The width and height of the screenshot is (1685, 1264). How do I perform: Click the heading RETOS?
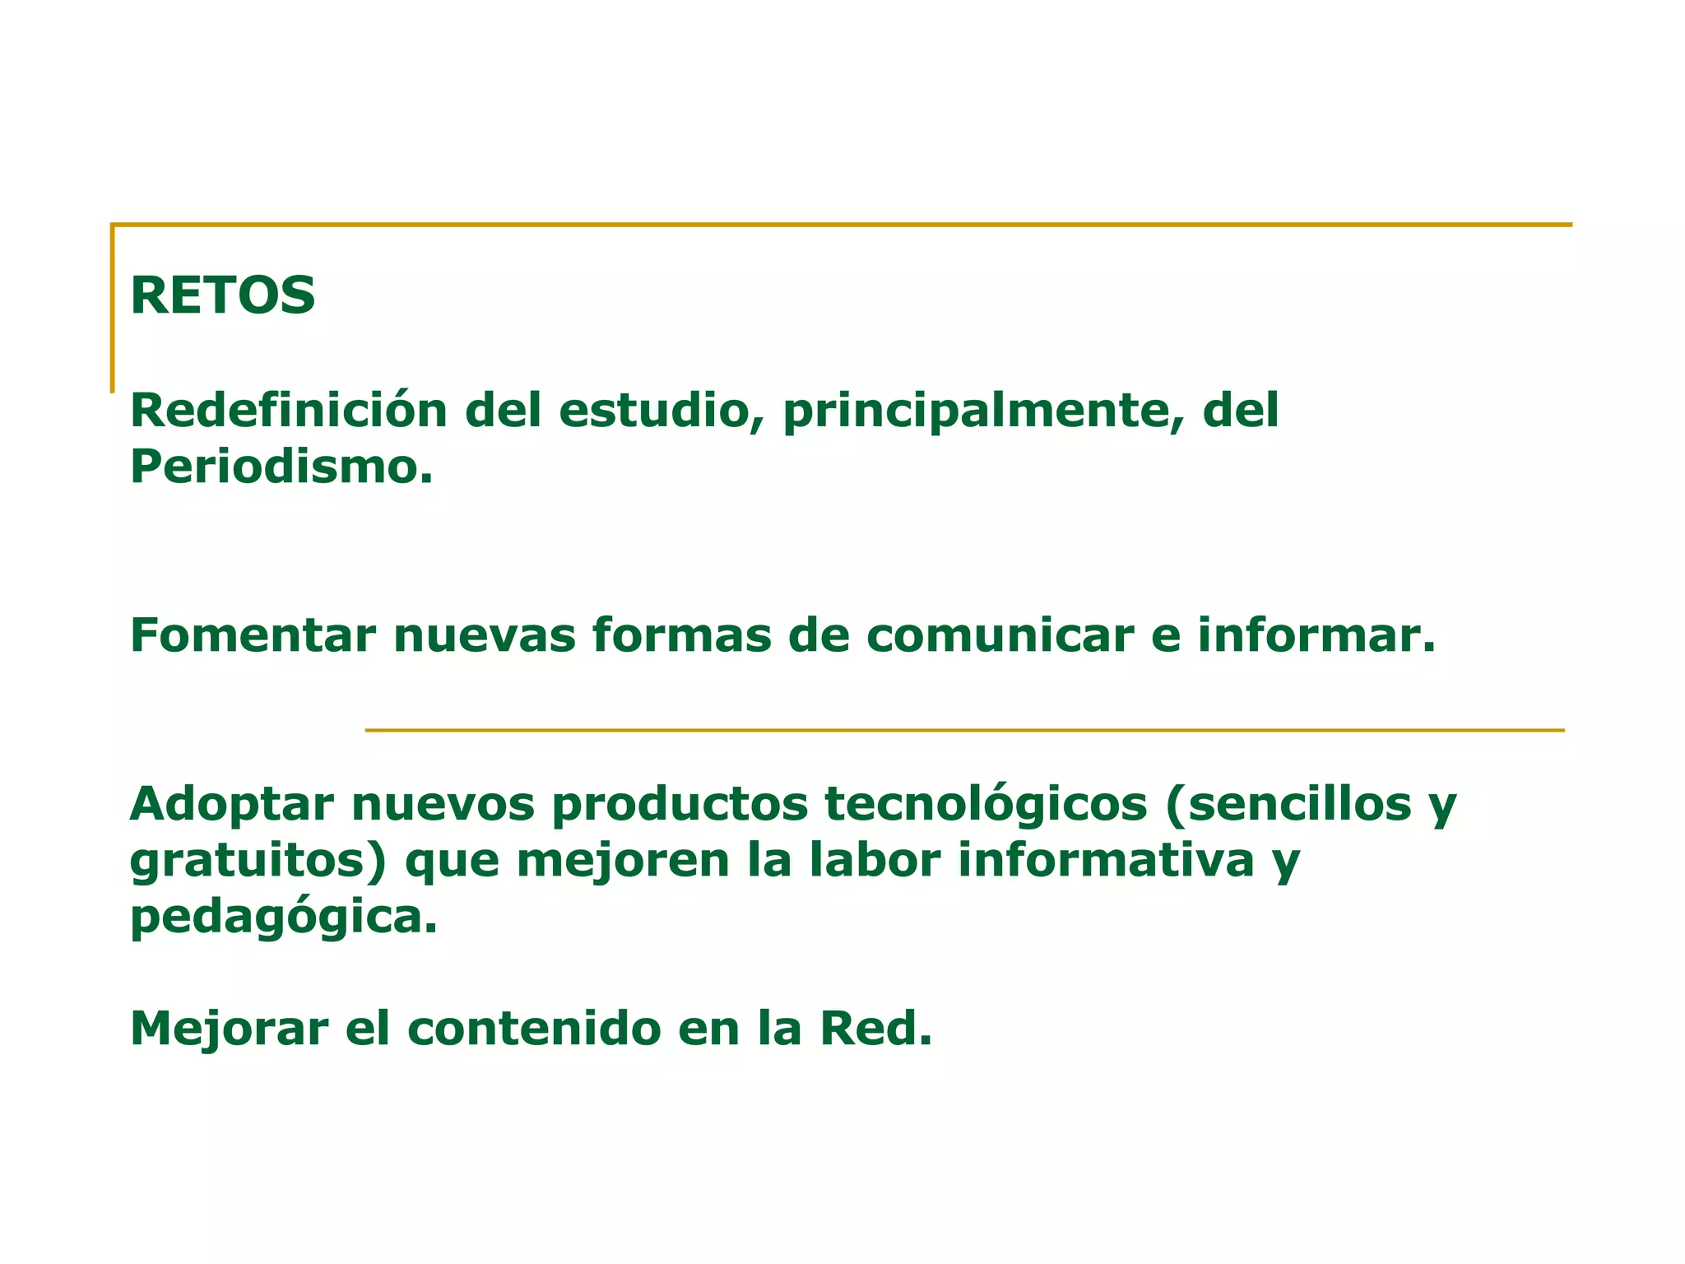pyautogui.click(x=222, y=295)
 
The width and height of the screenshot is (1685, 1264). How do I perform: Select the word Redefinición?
pyautogui.click(x=288, y=410)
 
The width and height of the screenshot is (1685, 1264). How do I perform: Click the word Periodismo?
pyautogui.click(x=281, y=467)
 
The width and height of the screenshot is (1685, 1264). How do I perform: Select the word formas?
pyautogui.click(x=681, y=635)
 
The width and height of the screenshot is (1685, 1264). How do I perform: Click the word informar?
pyautogui.click(x=1316, y=635)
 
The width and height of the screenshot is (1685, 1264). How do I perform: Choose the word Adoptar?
pyautogui.click(x=231, y=805)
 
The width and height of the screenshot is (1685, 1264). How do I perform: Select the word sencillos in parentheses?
pyautogui.click(x=1300, y=804)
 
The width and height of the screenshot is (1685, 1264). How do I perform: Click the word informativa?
pyautogui.click(x=1106, y=860)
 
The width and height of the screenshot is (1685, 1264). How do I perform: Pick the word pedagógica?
pyautogui.click(x=283, y=918)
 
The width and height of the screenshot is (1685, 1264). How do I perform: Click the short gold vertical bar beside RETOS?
pyautogui.click(x=113, y=309)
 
